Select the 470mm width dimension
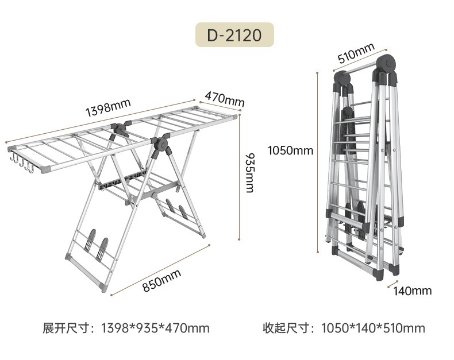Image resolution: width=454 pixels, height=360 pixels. coord(225,99)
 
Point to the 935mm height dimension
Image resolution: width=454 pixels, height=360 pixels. coord(249,172)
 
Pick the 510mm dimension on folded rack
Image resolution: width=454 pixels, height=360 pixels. coord(356,53)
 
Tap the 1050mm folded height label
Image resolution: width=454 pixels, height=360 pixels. coord(290,151)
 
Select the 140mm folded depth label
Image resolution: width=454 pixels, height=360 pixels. coord(412,291)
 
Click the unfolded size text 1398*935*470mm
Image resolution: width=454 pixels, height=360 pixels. coord(155,328)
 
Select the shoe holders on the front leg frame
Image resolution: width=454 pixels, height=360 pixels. coord(96,246)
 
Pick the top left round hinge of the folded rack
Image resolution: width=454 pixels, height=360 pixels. coord(341,79)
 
